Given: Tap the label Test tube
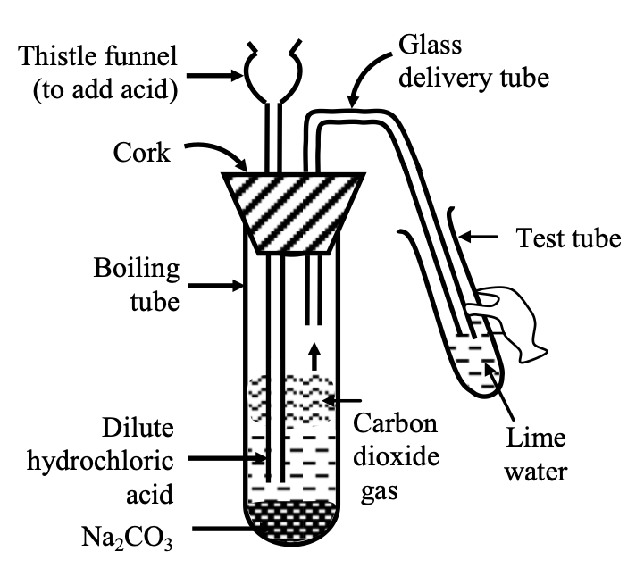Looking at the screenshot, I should pos(568,238).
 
